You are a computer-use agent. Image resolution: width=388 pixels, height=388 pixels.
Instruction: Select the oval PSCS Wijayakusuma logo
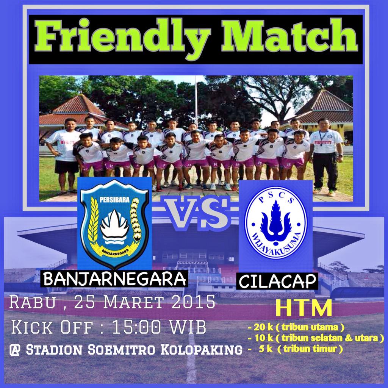pyautogui.click(x=275, y=222)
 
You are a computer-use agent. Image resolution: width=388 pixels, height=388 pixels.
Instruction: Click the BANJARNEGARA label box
pyautogui.click(x=115, y=279)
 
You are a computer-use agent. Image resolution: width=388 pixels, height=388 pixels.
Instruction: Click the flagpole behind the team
pyautogui.click(x=196, y=100)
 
